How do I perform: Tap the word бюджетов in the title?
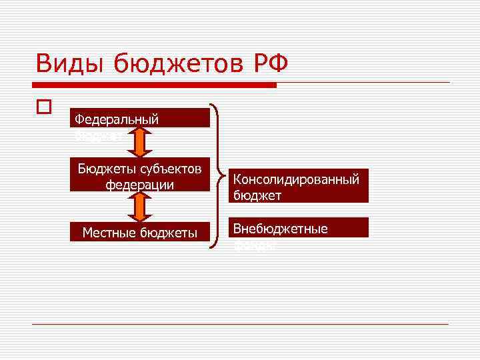click(178, 64)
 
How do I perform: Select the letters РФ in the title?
click(270, 64)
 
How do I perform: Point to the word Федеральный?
click(117, 119)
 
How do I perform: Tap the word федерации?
click(139, 184)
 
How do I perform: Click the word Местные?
click(109, 232)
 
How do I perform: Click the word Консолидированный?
click(296, 179)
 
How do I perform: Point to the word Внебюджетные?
click(280, 229)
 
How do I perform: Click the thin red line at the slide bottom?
click(240, 324)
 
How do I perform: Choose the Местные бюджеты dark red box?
click(139, 232)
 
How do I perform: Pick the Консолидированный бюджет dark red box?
click(298, 187)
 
